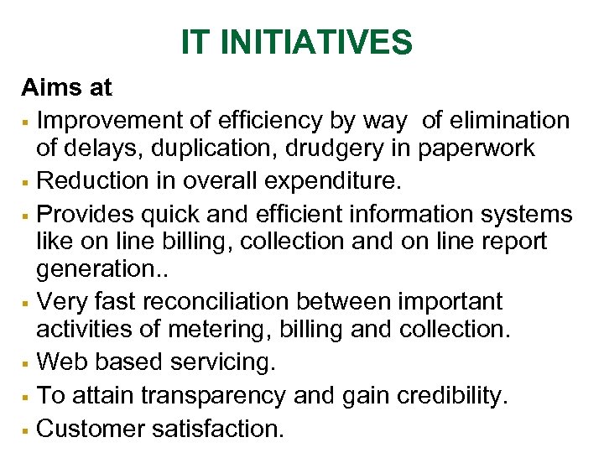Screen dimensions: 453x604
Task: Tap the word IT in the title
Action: tap(195, 42)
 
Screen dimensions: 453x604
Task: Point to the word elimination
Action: tap(509, 121)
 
